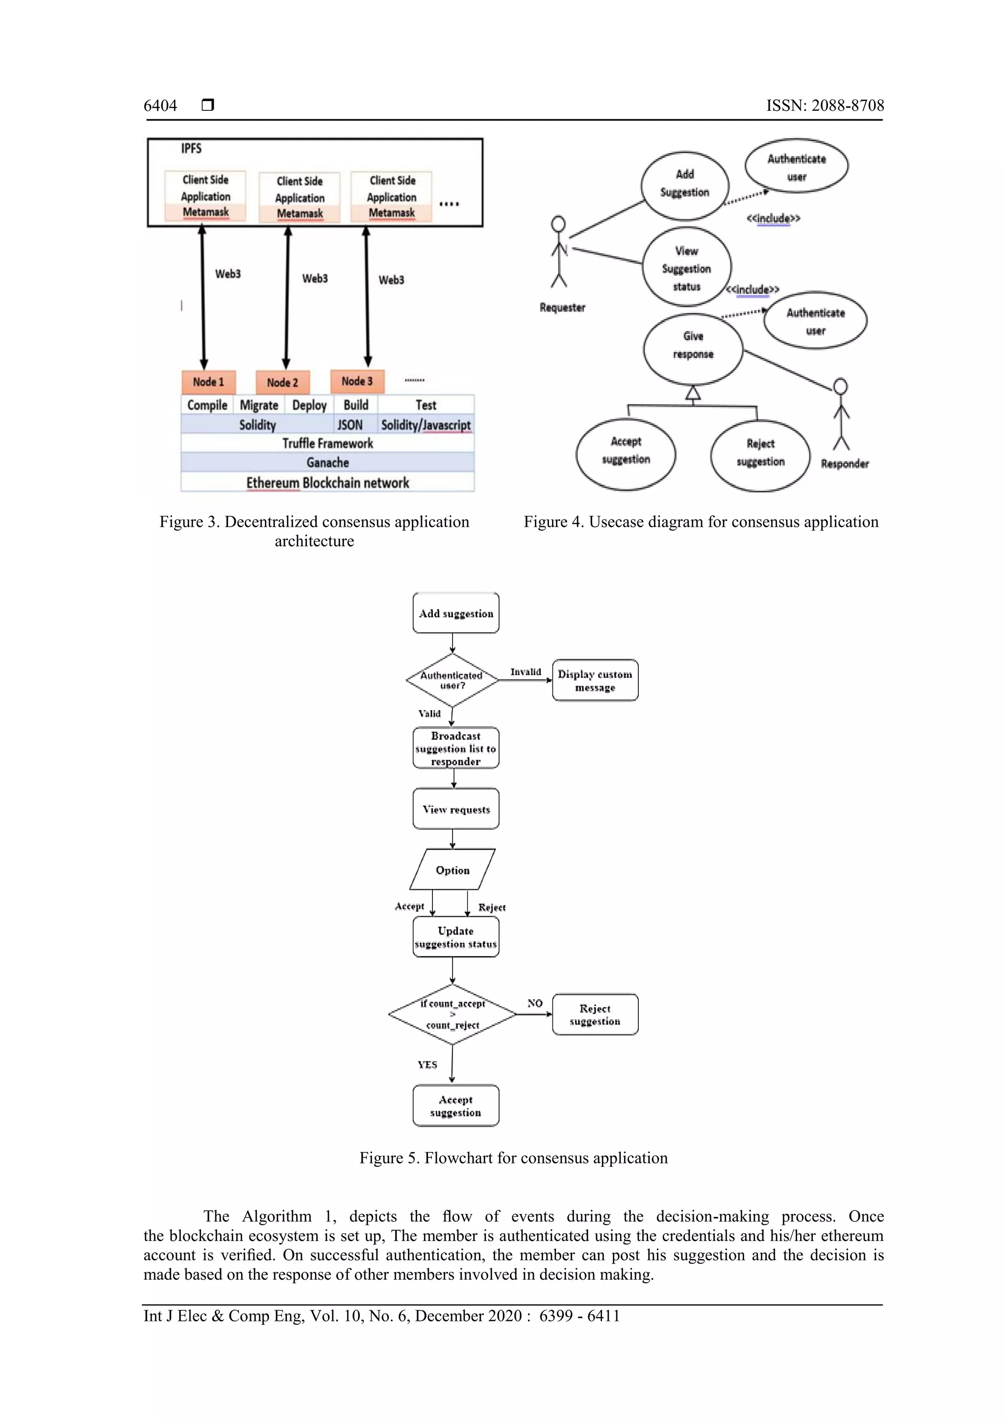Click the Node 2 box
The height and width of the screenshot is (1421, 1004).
(x=282, y=383)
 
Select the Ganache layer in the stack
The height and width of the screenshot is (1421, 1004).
(x=327, y=463)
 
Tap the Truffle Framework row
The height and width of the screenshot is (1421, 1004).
(x=327, y=443)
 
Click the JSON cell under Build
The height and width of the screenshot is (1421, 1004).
(x=350, y=425)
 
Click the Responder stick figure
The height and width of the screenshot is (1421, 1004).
(x=841, y=414)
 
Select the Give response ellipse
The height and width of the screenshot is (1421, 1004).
(x=693, y=348)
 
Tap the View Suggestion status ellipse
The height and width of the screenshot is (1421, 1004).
(x=687, y=267)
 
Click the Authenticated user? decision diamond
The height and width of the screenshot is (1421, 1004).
(x=452, y=680)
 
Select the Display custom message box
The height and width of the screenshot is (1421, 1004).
(x=595, y=680)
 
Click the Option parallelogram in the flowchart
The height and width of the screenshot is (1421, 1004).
(x=452, y=870)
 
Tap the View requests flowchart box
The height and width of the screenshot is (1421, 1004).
(x=456, y=809)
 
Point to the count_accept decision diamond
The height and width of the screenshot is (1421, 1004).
(x=452, y=1014)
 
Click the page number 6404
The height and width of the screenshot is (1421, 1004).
(x=160, y=106)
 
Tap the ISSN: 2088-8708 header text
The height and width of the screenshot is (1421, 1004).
(x=825, y=106)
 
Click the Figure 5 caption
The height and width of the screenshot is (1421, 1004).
(x=513, y=1157)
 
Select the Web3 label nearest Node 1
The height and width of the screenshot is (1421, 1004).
(x=227, y=274)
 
